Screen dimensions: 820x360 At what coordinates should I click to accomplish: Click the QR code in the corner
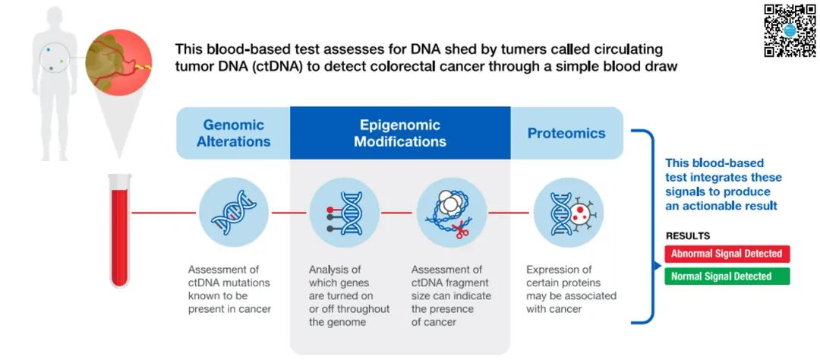pos(790,30)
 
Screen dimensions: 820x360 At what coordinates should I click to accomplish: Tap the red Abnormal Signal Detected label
pos(727,254)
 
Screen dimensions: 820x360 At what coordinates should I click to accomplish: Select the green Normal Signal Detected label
pos(727,276)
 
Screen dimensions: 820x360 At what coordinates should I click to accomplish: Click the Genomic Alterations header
pos(233,133)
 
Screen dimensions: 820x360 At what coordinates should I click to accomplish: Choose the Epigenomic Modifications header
pos(400,133)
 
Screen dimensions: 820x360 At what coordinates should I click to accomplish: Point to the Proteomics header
pos(566,133)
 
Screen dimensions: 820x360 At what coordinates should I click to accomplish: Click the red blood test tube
pos(120,231)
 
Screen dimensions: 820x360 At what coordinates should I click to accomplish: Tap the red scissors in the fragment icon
pos(461,229)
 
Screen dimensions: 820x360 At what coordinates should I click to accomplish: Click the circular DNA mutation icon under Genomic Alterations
pos(234,213)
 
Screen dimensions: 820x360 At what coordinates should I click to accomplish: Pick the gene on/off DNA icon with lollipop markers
pos(344,213)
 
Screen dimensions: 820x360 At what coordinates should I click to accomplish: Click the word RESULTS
pos(688,236)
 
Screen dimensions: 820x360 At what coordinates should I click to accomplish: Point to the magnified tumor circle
pos(118,62)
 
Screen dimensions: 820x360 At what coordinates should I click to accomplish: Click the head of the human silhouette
pos(55,19)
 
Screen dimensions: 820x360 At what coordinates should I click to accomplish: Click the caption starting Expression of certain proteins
pos(571,289)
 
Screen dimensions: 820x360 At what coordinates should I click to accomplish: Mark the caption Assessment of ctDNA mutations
pos(229,289)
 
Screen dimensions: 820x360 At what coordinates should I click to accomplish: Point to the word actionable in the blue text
pos(712,206)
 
